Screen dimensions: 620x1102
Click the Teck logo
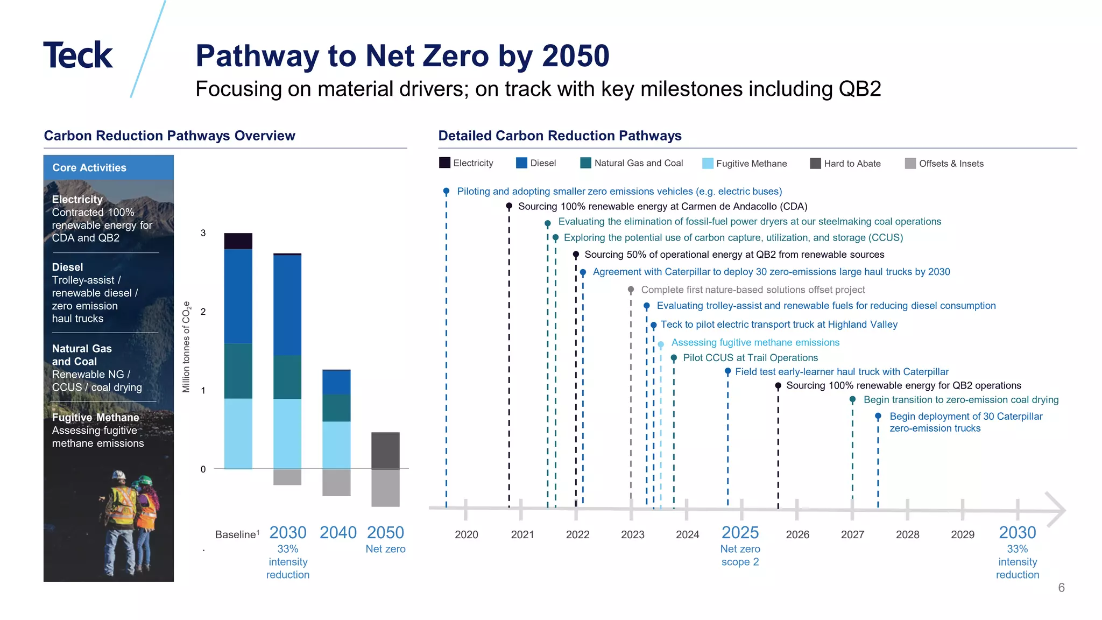(78, 55)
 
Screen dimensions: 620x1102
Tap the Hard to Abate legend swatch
(815, 164)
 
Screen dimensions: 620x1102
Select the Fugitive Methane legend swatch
(708, 164)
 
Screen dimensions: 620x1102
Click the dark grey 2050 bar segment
(385, 450)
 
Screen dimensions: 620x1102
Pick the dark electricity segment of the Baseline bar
(238, 241)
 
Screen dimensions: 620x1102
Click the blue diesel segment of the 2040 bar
(336, 382)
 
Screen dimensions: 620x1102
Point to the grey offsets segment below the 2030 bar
(287, 477)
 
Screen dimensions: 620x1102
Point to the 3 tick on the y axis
(203, 233)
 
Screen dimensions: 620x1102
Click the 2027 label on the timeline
(852, 534)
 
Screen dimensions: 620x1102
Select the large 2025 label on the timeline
(740, 533)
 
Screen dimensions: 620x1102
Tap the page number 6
(1061, 588)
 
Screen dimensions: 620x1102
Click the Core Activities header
(89, 168)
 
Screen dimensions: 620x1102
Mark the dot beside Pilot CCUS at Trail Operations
(674, 358)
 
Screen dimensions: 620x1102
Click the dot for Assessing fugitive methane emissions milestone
(661, 344)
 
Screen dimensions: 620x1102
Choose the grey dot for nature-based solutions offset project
(631, 290)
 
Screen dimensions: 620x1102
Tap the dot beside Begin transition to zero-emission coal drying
(852, 400)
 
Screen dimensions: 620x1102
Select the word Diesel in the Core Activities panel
(67, 267)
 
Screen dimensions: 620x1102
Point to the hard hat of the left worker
(119, 476)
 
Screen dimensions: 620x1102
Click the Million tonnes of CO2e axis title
(186, 347)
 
